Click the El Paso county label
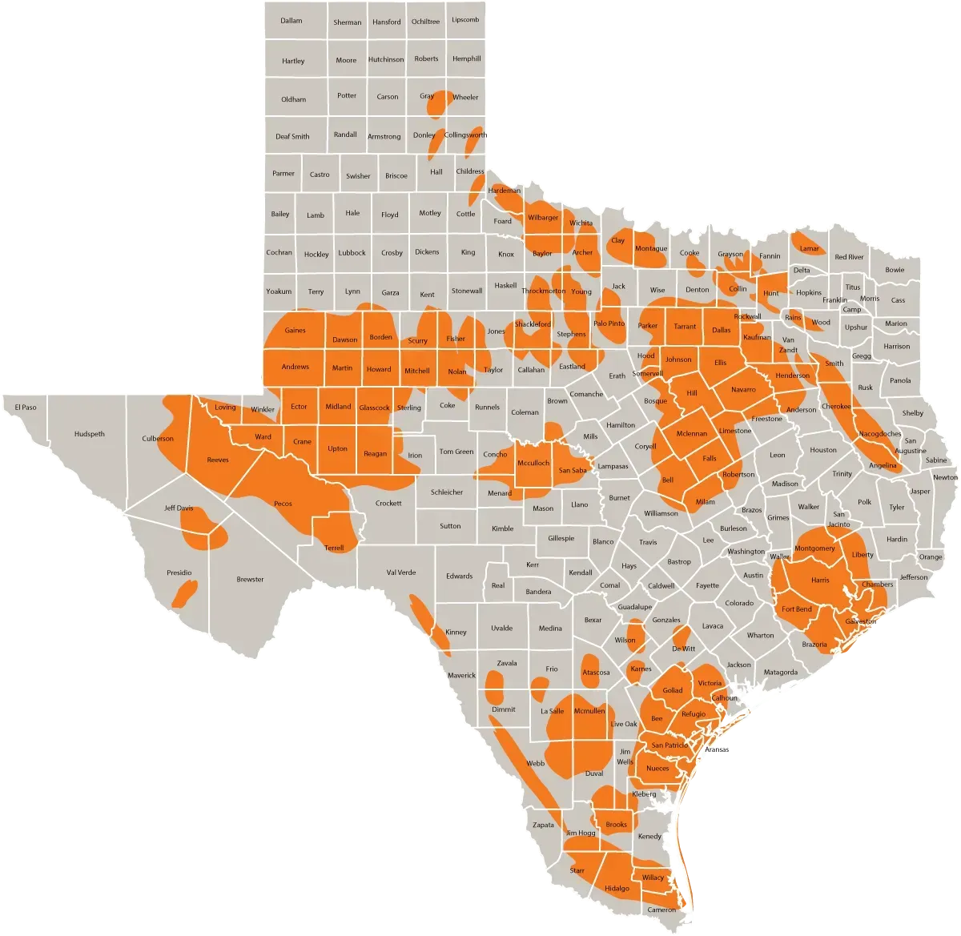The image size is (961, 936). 26,408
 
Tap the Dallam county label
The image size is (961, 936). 292,21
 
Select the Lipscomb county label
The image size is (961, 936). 465,19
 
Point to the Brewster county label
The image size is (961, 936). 250,579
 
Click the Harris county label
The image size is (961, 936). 820,580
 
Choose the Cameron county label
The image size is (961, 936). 661,910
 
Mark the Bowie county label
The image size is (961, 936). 895,270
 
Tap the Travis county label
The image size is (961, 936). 648,542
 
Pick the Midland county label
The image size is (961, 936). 338,407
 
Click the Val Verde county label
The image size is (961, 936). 401,572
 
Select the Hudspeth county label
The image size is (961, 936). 90,434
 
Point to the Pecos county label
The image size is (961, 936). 283,504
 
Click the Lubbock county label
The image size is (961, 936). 352,253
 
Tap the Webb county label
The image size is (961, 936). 535,764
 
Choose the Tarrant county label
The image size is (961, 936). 685,327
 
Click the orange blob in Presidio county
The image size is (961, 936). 185,593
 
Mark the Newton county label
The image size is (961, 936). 945,477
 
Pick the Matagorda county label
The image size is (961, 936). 780,673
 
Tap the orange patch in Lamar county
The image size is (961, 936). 807,241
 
